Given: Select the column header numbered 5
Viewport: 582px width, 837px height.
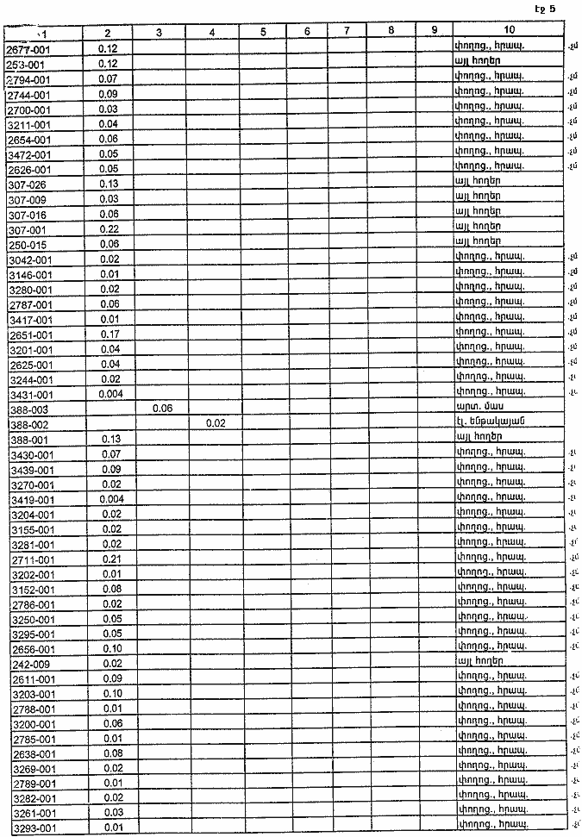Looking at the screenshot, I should coord(263,32).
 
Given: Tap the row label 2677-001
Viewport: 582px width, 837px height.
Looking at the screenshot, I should coord(30,49).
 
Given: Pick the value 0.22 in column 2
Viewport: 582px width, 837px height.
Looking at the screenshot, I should coord(109,228).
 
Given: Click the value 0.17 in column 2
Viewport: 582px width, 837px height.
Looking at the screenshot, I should coord(109,334).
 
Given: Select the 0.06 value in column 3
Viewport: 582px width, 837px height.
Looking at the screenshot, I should coord(161,409).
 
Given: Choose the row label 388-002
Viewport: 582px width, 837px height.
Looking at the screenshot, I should coord(28,425).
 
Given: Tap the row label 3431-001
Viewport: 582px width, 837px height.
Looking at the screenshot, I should coord(30,395).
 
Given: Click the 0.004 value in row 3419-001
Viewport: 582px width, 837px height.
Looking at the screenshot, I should coord(111,500).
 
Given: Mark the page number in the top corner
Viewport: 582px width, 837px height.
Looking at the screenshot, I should coord(545,9).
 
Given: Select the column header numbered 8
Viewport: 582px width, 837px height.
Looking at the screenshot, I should coord(391,32).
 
